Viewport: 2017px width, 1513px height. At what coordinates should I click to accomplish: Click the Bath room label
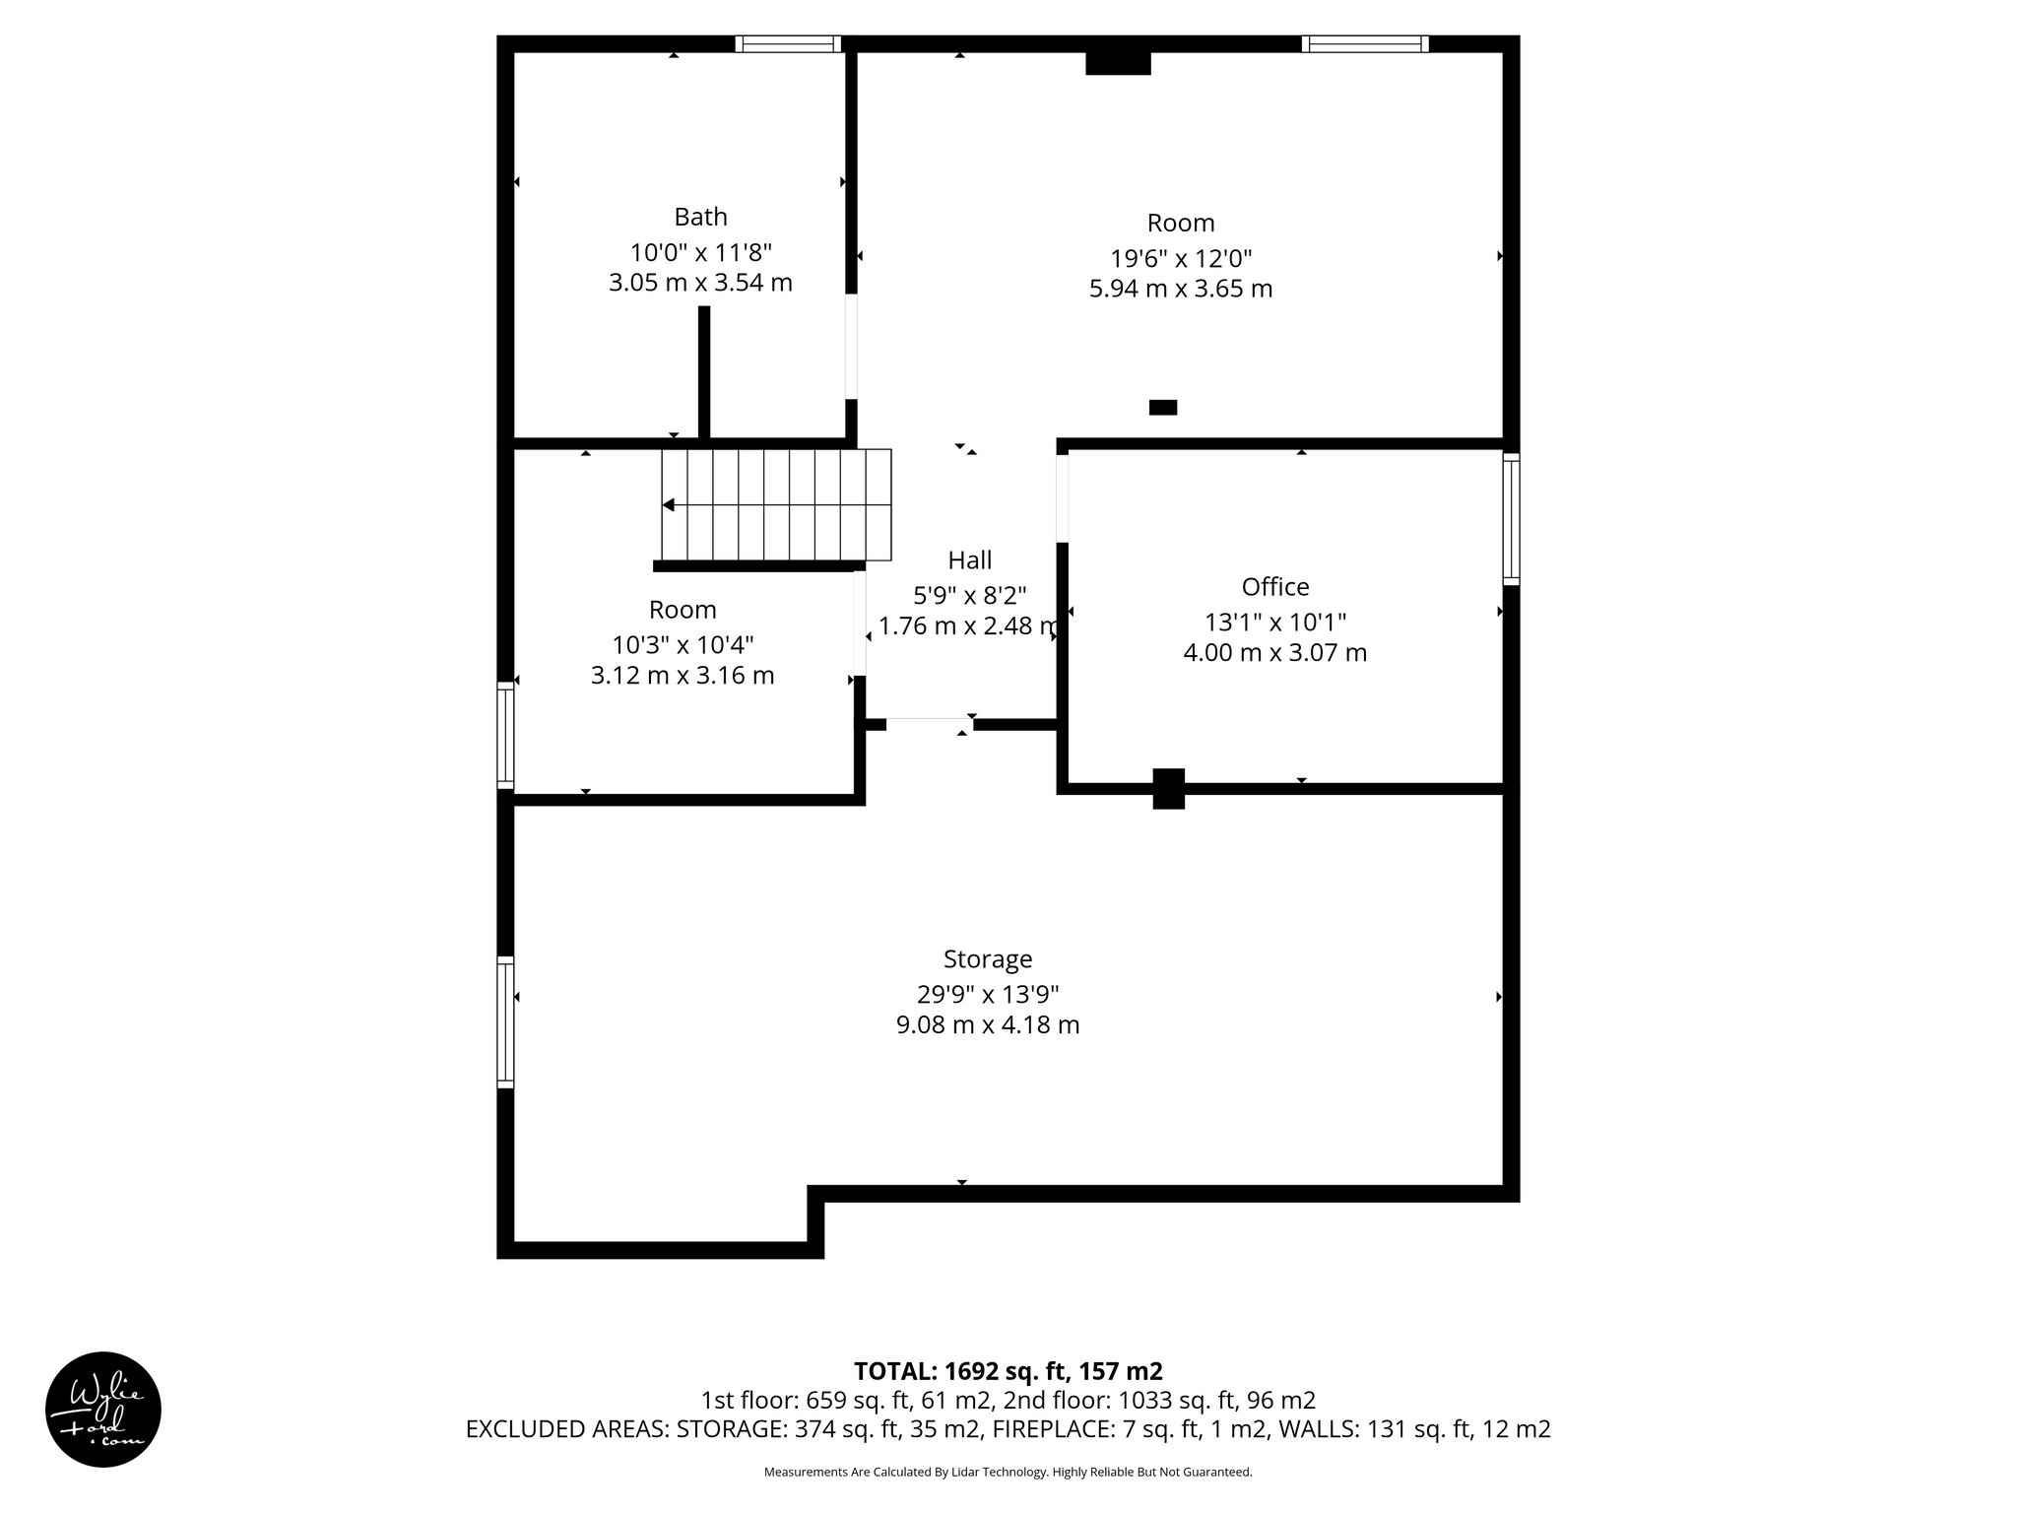click(700, 217)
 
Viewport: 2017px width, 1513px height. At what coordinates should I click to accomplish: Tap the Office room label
click(1274, 587)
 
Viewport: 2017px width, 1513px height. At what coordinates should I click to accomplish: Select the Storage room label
click(987, 959)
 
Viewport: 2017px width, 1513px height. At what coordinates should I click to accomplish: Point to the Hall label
click(969, 560)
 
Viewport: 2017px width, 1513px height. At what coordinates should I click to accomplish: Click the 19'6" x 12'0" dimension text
click(1181, 259)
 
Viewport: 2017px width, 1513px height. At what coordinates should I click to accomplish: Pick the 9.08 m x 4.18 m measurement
click(987, 1025)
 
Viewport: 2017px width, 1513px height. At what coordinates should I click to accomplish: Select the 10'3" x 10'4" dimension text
click(683, 645)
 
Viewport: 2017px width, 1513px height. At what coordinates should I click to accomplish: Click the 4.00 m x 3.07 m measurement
click(1274, 653)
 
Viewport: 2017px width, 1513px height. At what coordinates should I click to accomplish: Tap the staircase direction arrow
click(669, 505)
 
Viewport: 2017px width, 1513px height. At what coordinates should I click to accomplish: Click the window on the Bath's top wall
click(788, 43)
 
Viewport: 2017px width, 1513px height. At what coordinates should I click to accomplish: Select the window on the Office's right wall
click(1511, 518)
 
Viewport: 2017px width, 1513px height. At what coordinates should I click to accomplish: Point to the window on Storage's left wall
click(505, 1021)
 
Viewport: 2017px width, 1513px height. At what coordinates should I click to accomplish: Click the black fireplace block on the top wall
click(1118, 62)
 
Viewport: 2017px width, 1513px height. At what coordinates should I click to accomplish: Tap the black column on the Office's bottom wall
click(1168, 788)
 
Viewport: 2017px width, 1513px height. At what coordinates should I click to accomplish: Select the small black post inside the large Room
click(1162, 407)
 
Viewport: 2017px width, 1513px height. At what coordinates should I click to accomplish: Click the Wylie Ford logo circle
click(103, 1409)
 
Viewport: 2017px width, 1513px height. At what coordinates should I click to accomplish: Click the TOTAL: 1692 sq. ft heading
click(1008, 1371)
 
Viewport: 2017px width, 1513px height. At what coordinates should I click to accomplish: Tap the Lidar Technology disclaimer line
click(1008, 1473)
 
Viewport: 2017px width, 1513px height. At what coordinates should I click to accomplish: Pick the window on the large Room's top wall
click(1364, 43)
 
